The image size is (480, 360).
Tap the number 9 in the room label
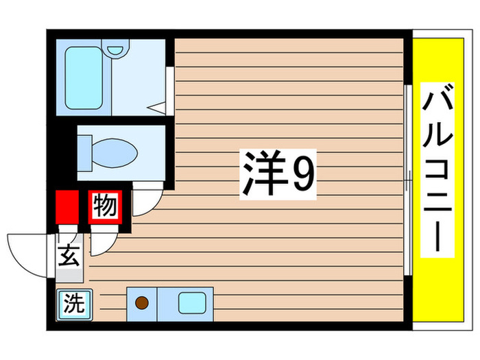coord(303,176)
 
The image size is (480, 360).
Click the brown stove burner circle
coord(142,302)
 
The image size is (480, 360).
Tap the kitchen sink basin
coord(189,302)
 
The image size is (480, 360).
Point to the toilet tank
coord(84,149)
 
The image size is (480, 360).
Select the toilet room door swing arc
coord(149,199)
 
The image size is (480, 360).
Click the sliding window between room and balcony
coord(408,178)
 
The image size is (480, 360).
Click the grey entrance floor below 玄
coord(69,274)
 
